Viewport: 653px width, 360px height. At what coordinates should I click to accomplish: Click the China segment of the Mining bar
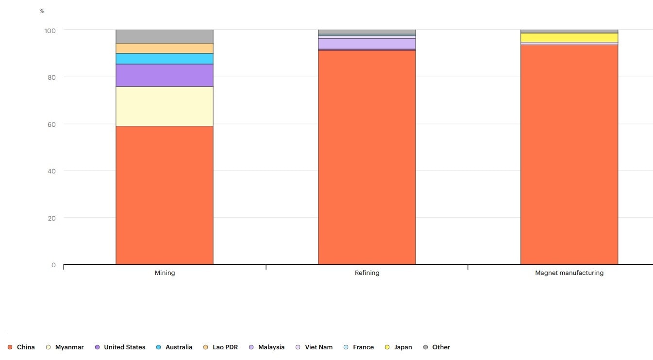coord(164,195)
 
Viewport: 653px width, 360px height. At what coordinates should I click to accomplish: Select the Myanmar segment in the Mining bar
coord(164,106)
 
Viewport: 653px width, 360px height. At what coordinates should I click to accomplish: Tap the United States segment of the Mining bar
coord(164,75)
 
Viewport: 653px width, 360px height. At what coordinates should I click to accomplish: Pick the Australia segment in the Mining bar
coord(164,58)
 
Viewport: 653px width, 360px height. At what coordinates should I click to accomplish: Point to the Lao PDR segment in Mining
coord(164,48)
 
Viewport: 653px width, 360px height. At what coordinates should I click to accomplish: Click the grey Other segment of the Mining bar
coord(164,36)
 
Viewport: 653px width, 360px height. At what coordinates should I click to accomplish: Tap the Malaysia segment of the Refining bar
coord(367,43)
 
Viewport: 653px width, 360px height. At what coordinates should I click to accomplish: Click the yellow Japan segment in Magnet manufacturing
coord(569,37)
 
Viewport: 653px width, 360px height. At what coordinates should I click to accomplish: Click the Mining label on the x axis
coord(165,273)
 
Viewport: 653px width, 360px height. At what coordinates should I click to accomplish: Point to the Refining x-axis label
coord(367,273)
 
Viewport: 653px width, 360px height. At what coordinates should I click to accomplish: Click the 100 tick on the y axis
coord(50,31)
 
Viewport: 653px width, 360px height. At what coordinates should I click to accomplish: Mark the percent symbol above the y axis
coord(42,11)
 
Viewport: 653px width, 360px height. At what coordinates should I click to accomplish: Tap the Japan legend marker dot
coord(387,347)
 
